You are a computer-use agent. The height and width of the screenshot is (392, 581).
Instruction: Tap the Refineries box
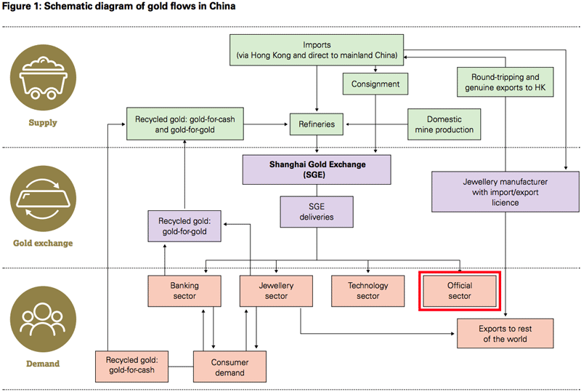coord(316,124)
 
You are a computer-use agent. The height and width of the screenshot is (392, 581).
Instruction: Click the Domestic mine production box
coord(444,124)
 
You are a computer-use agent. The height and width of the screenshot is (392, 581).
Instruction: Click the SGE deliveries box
coord(316,212)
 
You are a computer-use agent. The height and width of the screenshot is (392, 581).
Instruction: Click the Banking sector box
coord(184,291)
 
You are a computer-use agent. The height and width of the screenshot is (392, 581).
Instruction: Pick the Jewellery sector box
coord(276,291)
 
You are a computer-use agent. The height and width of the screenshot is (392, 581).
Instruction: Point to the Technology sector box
coord(368,291)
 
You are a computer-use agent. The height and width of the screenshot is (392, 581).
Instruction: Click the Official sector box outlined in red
coord(460,291)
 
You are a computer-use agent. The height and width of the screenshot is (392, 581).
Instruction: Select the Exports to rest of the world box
coord(505,334)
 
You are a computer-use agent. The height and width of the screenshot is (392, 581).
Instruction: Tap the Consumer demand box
coord(229,367)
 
